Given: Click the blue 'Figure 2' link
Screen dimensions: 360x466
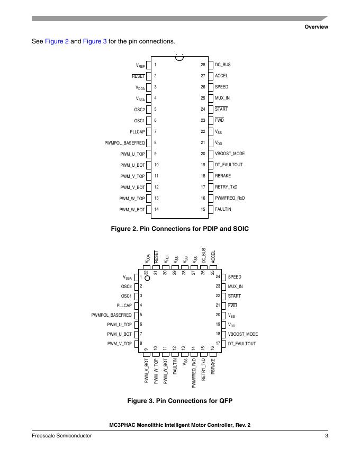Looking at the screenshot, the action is pos(57,41).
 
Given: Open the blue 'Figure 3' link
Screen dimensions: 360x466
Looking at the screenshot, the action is pos(95,41).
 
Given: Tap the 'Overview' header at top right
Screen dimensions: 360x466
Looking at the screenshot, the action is pos(316,27).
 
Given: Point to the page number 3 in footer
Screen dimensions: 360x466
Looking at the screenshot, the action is pos(327,436).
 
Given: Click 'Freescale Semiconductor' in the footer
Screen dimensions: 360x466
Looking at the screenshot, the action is pos(61,436).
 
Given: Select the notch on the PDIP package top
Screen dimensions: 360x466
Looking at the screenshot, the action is pos(179,57).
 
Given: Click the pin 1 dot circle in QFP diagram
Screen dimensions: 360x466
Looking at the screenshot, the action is pos(148,277).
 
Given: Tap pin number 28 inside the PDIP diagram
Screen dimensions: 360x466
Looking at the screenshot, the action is pos(203,65).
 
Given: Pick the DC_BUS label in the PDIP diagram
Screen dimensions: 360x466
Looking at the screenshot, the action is pos(222,65).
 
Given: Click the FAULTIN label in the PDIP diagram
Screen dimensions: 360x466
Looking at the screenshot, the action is pos(223,209).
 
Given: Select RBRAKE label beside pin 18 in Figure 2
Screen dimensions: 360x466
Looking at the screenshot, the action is pos(223,176).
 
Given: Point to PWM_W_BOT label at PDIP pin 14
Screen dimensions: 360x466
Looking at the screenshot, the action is pos(132,210).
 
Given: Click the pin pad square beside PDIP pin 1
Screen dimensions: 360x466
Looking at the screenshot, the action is pos(149,65).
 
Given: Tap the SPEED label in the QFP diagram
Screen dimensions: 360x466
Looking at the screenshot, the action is pos(235,277).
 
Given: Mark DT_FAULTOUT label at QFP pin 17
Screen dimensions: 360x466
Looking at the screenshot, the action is pos(242,344).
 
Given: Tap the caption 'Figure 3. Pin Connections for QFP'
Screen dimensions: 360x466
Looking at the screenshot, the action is pos(179,401).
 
